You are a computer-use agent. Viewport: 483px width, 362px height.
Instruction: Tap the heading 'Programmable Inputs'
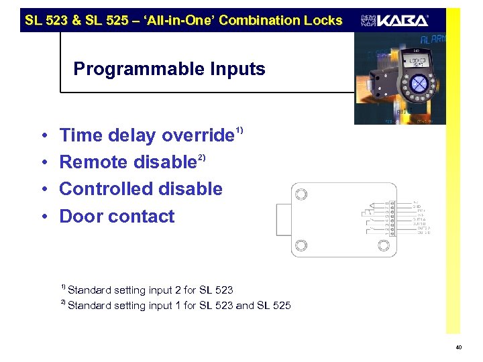point(169,69)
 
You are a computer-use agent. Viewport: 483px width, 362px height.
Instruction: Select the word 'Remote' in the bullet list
point(94,162)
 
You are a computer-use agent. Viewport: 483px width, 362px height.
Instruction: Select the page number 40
point(458,347)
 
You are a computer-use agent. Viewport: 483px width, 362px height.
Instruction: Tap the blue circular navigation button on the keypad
point(419,84)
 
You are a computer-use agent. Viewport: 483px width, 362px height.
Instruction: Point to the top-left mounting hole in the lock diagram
point(302,194)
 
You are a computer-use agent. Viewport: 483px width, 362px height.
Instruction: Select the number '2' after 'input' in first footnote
point(176,290)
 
